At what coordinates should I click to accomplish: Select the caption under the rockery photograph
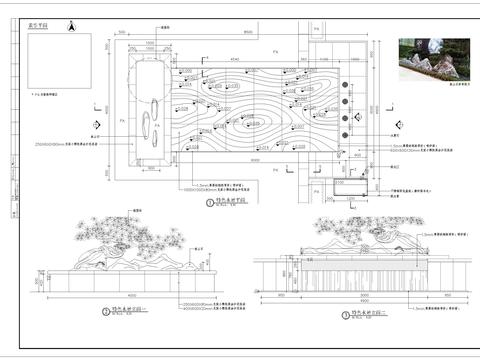pyautogui.click(x=432, y=89)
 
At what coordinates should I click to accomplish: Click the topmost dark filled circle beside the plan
pyautogui.click(x=345, y=84)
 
